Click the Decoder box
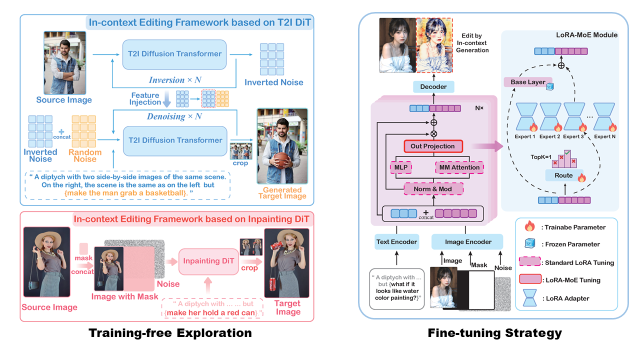433,86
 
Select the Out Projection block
433,146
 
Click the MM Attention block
459,167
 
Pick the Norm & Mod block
433,189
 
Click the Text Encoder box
396,242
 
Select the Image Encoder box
468,242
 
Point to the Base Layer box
528,82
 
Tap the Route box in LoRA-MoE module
563,175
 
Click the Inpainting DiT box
208,261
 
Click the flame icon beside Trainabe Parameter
528,227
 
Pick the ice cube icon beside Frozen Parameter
528,244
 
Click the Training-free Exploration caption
170,333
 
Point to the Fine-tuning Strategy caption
494,333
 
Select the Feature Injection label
145,99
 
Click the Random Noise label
85,156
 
